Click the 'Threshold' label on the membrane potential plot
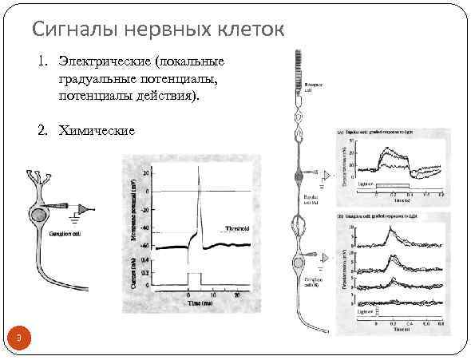(238, 227)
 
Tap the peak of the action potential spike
(199, 168)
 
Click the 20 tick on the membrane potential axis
(148, 172)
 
